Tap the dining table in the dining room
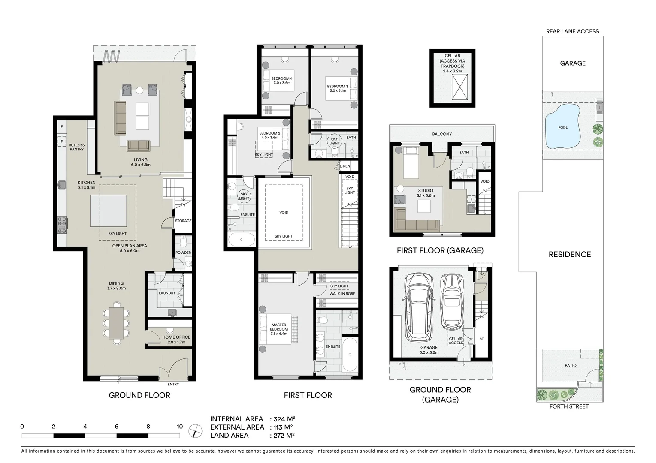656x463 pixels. coord(116,323)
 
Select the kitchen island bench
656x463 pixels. coord(108,211)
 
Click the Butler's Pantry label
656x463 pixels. coord(77,147)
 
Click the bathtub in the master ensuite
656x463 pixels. coord(350,355)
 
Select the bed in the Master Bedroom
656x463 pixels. coord(278,329)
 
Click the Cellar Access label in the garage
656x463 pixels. coord(456,340)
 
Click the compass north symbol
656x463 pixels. coord(195,430)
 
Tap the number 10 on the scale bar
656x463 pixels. coord(179,427)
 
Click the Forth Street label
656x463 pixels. coord(569,406)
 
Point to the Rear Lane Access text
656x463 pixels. coord(572,31)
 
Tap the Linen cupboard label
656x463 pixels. coord(345,166)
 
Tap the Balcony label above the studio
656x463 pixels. coord(442,134)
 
